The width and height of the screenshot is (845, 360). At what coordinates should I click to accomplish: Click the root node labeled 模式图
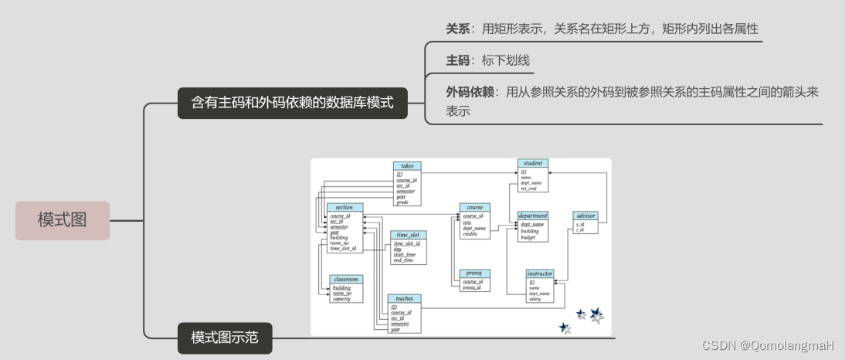coord(63,220)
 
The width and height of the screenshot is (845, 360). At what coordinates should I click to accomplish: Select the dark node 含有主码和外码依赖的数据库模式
coord(293,102)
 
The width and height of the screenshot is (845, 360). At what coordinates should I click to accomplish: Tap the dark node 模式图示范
coord(225,338)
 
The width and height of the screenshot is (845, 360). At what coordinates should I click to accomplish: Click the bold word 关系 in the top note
coord(458,29)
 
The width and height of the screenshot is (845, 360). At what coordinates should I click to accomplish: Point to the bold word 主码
coord(458,59)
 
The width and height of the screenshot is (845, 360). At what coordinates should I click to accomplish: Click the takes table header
coord(406,166)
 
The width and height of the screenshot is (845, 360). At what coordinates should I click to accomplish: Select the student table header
coord(532,163)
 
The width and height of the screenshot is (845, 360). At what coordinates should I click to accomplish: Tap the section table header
coord(344,207)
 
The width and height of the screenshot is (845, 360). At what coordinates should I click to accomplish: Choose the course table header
coord(475,207)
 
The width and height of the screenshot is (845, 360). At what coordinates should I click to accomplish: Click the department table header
coord(533,216)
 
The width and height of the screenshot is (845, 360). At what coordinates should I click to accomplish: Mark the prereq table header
coord(475,273)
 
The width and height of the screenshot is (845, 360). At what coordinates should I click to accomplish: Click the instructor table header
coord(540,273)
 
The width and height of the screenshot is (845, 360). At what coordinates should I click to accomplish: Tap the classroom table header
coord(344,279)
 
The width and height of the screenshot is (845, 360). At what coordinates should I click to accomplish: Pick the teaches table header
coord(405,298)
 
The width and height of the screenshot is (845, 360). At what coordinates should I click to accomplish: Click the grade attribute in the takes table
coord(402,202)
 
